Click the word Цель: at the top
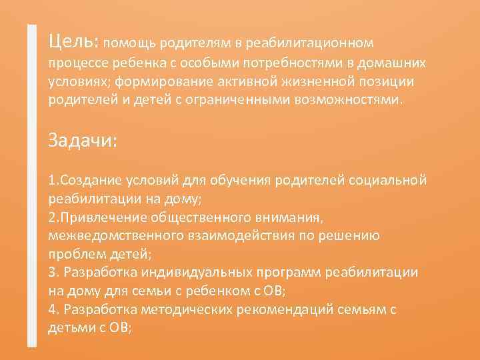pos(73,41)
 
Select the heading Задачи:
pos(83,141)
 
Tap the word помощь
pos(130,43)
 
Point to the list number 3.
pos(53,273)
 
